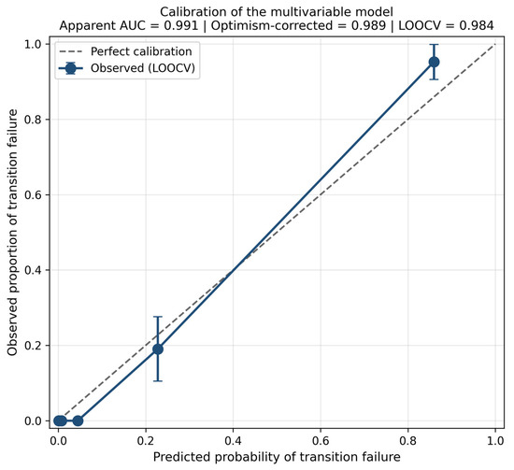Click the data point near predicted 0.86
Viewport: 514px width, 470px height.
coord(434,62)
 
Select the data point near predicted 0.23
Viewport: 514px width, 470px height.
coord(158,349)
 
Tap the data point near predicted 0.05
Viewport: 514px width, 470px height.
coord(78,420)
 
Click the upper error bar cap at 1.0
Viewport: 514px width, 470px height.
coord(434,44)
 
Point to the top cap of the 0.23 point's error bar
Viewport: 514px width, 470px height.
coord(158,317)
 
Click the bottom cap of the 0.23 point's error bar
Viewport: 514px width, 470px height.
coord(158,381)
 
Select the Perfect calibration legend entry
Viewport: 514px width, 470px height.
coord(125,51)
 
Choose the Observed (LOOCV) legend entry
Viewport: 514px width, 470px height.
coord(127,68)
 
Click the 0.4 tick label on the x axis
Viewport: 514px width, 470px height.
coord(233,441)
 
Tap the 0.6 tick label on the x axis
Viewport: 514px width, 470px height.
coord(321,441)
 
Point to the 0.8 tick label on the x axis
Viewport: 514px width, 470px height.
coord(407,441)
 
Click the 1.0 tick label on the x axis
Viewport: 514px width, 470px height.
coord(495,441)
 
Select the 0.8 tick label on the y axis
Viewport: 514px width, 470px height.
coord(33,120)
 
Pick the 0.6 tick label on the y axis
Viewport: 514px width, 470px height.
coord(33,194)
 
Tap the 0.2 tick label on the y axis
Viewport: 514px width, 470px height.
coord(33,346)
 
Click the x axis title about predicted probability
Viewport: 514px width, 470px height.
coord(277,457)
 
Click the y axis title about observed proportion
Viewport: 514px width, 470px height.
coord(12,233)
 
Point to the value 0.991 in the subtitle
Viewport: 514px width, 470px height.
coord(181,25)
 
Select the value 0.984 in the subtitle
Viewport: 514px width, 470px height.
coord(477,25)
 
